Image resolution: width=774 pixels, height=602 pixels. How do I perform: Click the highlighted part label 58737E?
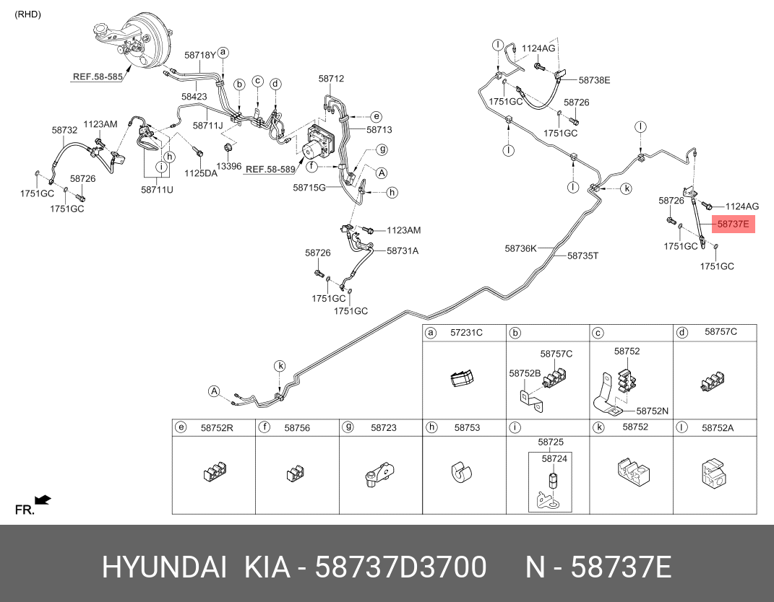tap(733, 224)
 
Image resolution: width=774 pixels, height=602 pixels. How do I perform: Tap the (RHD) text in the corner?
tap(27, 14)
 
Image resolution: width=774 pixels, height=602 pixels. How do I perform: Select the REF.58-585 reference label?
tap(98, 77)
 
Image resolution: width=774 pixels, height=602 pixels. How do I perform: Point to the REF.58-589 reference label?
tap(270, 169)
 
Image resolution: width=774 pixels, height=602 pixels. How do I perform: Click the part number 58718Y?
tap(200, 56)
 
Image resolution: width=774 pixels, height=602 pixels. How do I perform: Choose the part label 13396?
tap(229, 166)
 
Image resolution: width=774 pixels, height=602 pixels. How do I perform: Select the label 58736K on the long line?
tap(520, 248)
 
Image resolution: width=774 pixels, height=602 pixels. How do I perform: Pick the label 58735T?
tap(582, 256)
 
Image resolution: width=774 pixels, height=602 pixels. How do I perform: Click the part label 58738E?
tap(594, 80)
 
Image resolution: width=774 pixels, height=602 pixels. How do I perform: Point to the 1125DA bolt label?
tap(200, 173)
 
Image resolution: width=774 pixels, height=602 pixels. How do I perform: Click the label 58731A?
tap(403, 251)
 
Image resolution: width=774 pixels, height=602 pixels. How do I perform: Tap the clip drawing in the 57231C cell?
tap(462, 378)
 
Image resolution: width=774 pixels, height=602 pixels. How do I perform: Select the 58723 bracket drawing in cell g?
tap(379, 475)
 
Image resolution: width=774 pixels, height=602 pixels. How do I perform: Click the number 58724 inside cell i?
tap(554, 458)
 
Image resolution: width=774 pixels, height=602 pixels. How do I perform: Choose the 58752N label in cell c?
tap(652, 411)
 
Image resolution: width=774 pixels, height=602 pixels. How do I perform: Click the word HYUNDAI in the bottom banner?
tap(164, 567)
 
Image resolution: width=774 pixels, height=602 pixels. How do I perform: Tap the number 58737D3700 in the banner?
tap(401, 567)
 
